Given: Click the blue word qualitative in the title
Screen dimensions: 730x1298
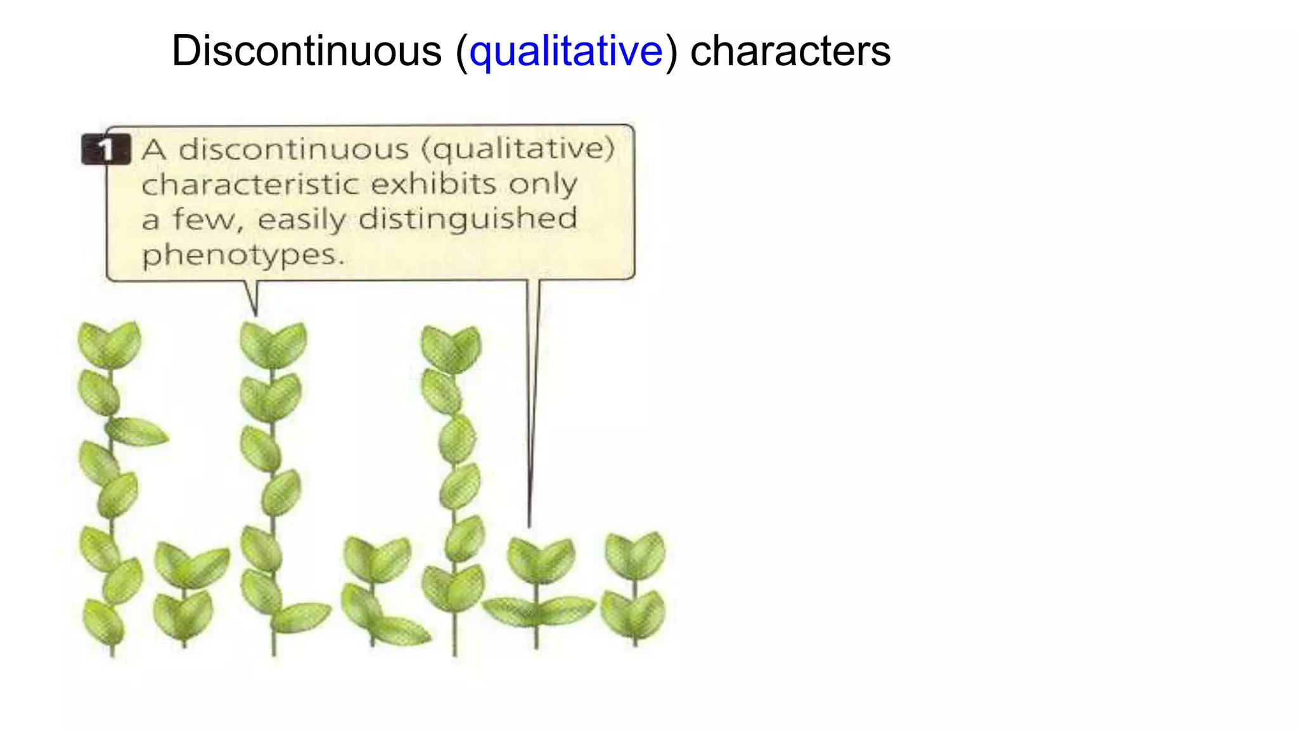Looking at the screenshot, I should [566, 51].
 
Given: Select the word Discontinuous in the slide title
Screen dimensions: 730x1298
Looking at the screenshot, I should [306, 51].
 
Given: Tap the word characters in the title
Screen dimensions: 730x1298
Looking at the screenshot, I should [790, 51].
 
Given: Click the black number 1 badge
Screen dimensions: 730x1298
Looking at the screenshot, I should [105, 150].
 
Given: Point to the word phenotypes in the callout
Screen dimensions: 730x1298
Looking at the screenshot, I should [243, 255].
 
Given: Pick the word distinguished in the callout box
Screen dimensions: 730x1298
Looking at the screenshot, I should [468, 219].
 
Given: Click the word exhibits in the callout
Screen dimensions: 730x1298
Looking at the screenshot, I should [434, 184].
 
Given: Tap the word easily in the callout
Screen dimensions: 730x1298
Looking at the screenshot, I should [302, 219].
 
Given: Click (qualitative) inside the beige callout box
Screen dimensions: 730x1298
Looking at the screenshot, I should [518, 150].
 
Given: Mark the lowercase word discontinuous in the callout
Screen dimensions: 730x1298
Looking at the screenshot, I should [293, 150].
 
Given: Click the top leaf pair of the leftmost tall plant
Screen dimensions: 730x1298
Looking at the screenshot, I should [110, 343].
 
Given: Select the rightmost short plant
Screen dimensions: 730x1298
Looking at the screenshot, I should [634, 586].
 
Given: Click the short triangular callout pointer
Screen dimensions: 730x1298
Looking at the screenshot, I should [252, 297].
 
